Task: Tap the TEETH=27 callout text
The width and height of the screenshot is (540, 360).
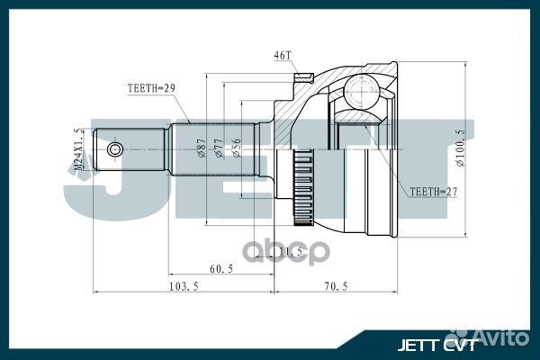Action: tap(433, 192)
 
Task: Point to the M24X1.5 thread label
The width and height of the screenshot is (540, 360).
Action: tap(78, 149)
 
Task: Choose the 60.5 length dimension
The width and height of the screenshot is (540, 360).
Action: tap(221, 268)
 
